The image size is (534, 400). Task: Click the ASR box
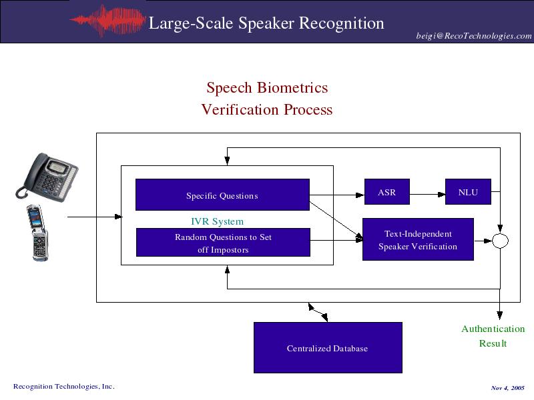386,192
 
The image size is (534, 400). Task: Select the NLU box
468,192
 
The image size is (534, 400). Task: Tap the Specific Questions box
222,195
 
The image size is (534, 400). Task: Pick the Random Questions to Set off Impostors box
223,243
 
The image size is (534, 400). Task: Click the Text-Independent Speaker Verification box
418,239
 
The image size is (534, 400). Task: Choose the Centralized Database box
328,347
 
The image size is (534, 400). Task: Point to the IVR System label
217,221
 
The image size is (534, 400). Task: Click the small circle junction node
500,241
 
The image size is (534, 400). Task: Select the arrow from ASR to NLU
427,194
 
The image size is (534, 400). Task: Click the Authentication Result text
493,336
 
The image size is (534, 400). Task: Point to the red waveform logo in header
107,21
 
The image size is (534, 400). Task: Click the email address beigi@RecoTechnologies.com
474,36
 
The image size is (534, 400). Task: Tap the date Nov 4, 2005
507,387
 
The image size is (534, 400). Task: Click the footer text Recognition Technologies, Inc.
64,386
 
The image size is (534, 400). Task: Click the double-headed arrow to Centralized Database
318,313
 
